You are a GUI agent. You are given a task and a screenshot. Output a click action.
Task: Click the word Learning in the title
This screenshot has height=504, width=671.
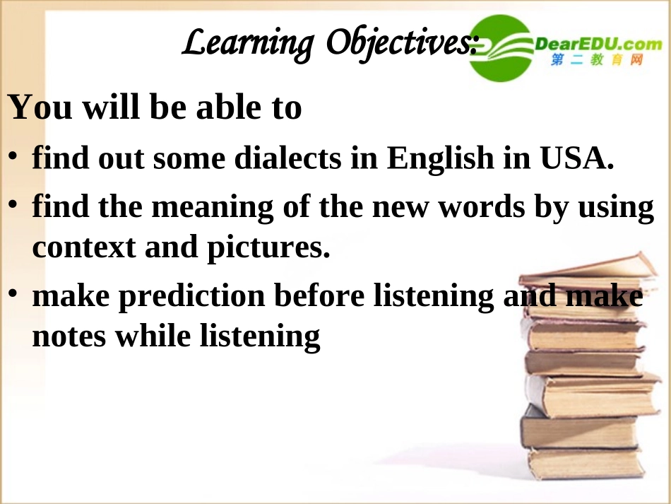(247, 44)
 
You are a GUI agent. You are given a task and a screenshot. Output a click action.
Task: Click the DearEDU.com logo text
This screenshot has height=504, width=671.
(599, 45)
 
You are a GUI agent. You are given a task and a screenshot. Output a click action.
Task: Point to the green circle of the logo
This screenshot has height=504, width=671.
(502, 48)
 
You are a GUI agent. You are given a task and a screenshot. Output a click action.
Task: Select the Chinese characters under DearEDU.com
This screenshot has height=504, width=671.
(597, 61)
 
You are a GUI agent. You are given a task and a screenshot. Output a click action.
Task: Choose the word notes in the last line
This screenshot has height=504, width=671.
(70, 336)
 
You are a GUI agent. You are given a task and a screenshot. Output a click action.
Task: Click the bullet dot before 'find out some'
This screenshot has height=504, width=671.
(13, 156)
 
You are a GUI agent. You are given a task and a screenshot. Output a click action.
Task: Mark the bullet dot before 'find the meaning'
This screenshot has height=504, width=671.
(13, 205)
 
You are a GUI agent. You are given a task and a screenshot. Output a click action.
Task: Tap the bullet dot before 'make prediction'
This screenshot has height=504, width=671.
(13, 294)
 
